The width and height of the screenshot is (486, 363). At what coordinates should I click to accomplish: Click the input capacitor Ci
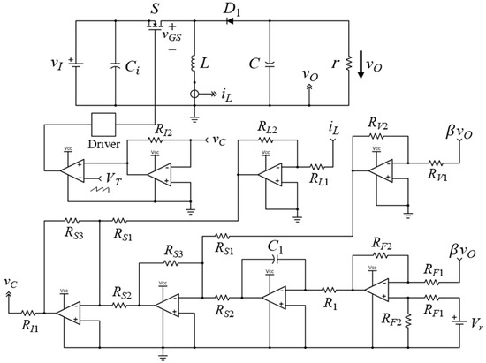[115, 65]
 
